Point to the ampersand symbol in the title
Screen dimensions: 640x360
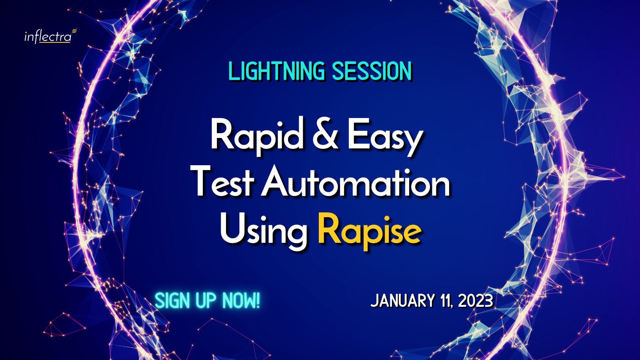click(x=326, y=134)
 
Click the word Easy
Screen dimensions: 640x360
click(x=385, y=137)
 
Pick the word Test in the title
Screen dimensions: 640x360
click(x=222, y=181)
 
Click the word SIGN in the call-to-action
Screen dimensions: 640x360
click(x=172, y=300)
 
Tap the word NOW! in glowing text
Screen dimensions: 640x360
click(x=241, y=300)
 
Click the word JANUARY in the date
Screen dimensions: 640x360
click(x=402, y=300)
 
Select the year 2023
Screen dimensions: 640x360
click(x=476, y=300)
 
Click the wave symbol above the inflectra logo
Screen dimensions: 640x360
click(x=74, y=30)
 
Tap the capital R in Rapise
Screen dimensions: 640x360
click(x=329, y=228)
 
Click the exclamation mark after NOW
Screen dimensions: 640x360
click(x=258, y=300)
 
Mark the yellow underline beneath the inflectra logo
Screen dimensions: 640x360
click(x=55, y=42)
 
